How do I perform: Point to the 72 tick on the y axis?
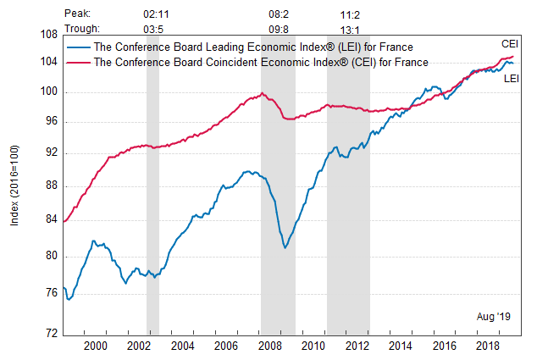pos(52,333)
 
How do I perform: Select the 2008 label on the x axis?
pos(269,346)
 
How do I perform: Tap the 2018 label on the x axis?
pos(487,346)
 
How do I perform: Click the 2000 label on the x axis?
pos(95,346)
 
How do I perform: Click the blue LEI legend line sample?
pos(80,47)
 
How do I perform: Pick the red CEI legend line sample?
pos(80,62)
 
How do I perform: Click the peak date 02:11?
pos(153,14)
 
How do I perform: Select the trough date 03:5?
pos(153,28)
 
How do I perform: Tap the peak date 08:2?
pos(279,14)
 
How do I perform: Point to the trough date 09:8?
pos(279,28)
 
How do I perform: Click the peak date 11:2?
pos(349,14)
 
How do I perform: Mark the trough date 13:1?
pos(349,28)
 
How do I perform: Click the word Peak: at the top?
pos(75,14)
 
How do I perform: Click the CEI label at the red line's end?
pos(509,43)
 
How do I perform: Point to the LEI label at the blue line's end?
pos(511,78)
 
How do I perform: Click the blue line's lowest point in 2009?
pos(285,247)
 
